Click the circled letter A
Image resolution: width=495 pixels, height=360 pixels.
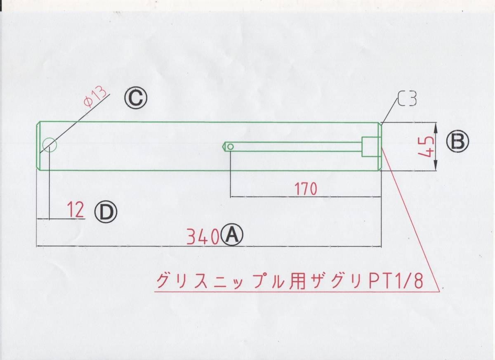[232, 235]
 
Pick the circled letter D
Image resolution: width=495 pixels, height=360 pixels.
[106, 212]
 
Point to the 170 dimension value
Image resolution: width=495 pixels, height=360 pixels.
[306, 189]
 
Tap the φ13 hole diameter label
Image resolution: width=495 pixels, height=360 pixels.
[94, 97]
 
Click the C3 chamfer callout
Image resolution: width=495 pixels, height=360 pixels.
[408, 99]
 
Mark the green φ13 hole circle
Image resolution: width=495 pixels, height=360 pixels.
[49, 144]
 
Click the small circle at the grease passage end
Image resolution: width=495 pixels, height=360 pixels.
[231, 146]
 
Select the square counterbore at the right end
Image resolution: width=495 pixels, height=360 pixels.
[370, 147]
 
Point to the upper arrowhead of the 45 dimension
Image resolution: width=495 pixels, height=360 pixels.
[436, 125]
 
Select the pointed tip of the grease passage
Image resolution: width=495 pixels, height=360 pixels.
[224, 146]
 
